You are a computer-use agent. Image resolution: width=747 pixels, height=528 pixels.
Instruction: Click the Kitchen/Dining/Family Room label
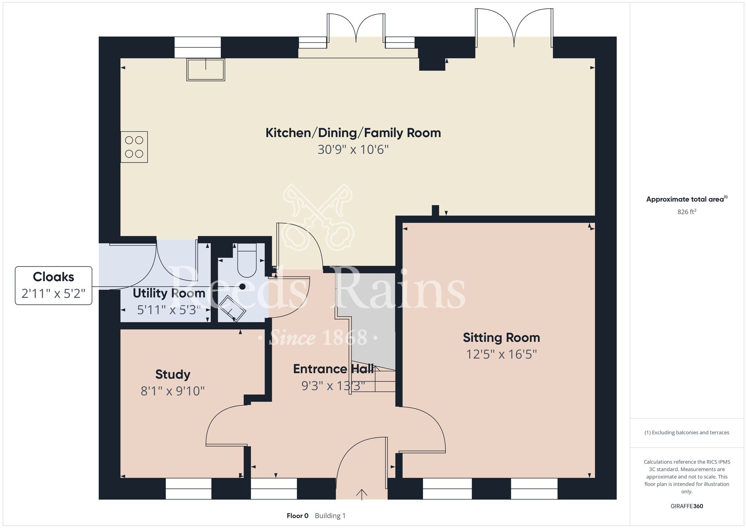(353, 133)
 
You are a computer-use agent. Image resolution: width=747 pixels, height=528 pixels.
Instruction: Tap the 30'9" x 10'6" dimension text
(353, 150)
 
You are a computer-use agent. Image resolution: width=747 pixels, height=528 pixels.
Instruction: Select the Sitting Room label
(501, 338)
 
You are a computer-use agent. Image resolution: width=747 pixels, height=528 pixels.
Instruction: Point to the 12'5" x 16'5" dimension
(501, 354)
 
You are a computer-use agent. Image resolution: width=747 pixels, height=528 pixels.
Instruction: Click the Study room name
(173, 375)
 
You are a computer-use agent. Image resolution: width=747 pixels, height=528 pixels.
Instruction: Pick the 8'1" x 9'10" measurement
(173, 391)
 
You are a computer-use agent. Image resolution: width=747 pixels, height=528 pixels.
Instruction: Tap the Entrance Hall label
(333, 369)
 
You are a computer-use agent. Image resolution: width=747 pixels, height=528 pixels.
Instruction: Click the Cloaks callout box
(53, 286)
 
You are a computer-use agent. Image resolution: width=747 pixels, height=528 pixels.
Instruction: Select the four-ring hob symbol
(134, 147)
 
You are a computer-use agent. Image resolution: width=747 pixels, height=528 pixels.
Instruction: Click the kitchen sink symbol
(206, 69)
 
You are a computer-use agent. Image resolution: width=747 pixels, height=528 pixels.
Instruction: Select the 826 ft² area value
(687, 212)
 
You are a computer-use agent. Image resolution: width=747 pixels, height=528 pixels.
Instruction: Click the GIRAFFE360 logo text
(687, 506)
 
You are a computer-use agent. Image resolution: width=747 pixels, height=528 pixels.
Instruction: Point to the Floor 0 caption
(298, 516)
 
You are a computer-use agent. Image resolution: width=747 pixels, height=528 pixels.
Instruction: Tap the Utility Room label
(169, 293)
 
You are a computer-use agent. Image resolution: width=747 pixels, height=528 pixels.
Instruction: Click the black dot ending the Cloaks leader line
(242, 287)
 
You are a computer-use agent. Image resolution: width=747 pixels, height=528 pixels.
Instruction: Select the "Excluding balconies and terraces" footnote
(686, 432)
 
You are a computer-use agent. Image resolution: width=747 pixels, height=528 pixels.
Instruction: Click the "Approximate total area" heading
(687, 199)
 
